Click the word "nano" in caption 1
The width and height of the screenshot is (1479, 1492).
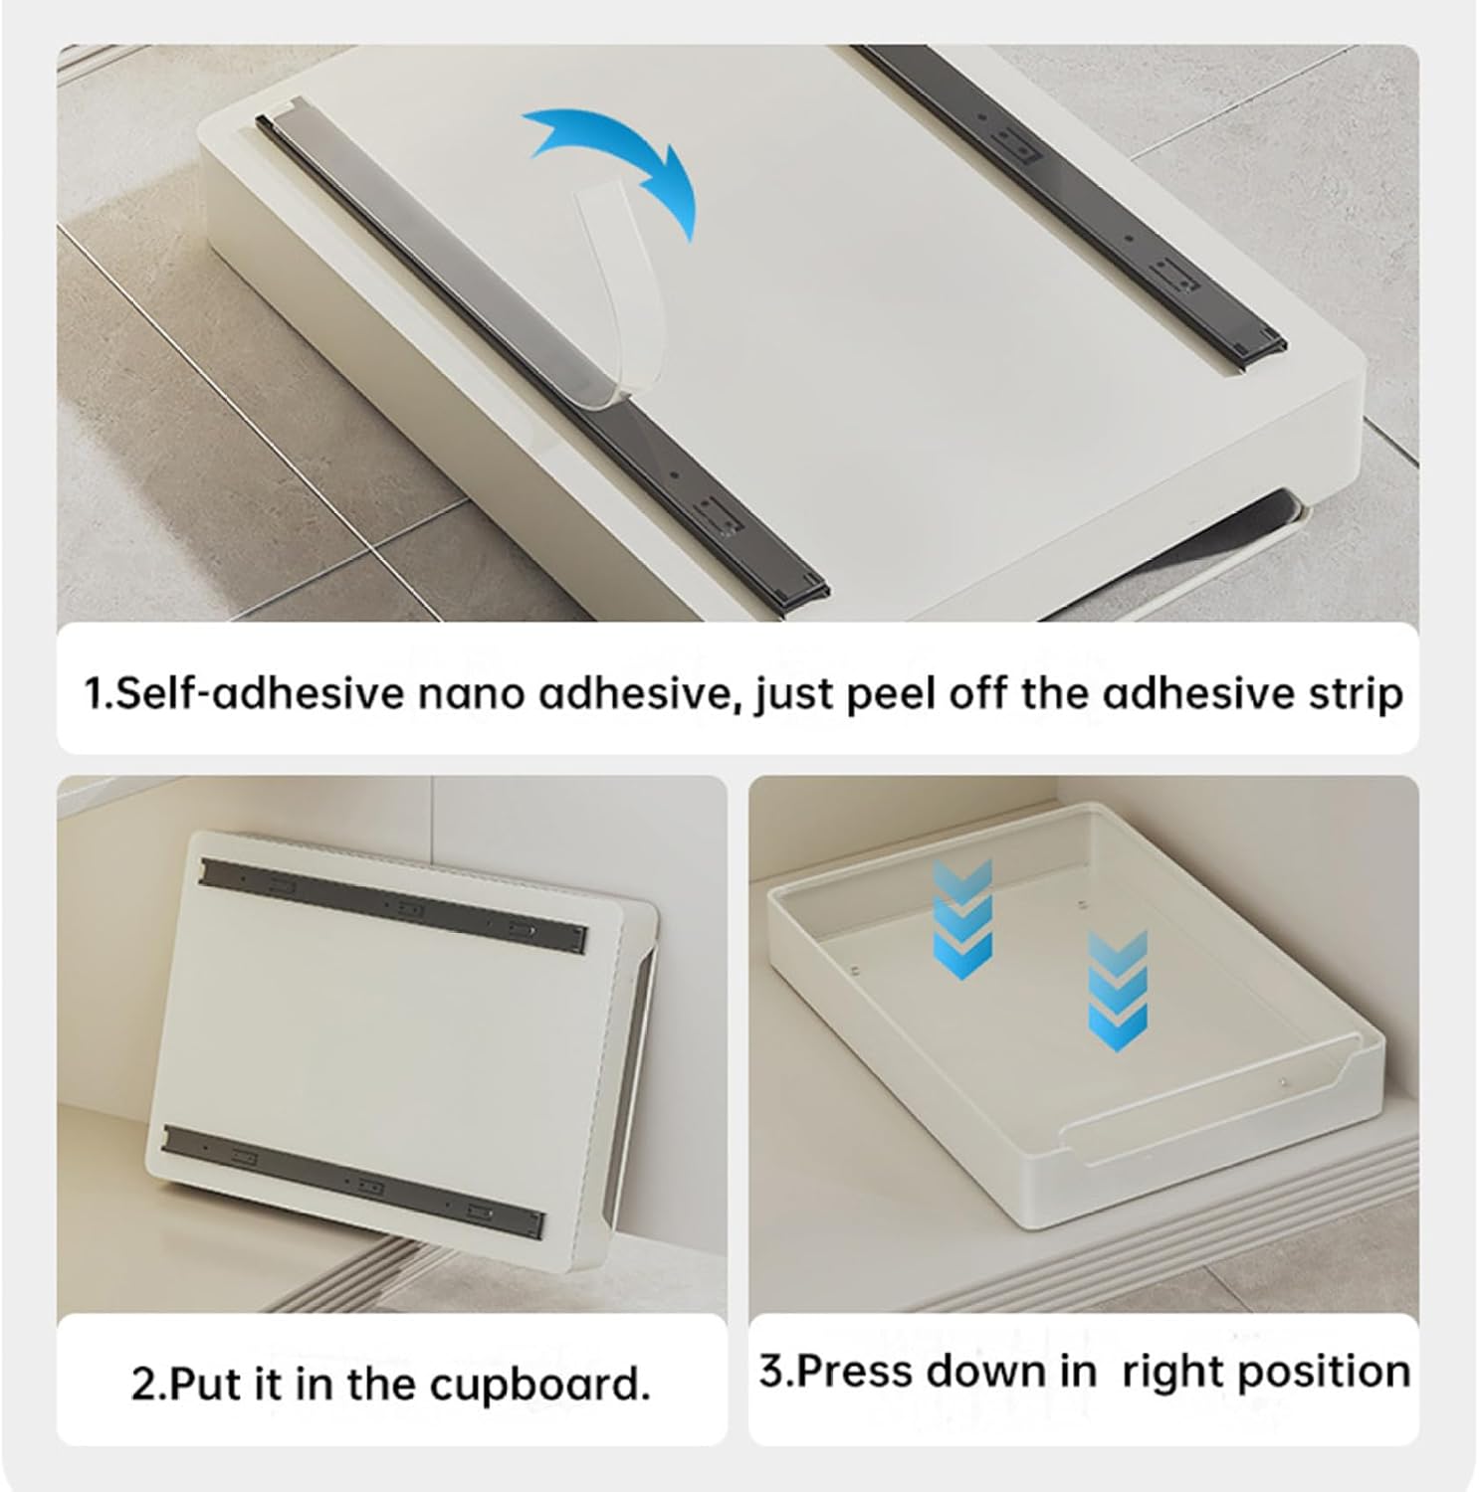(470, 693)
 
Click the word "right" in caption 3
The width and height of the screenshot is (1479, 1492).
(1166, 1372)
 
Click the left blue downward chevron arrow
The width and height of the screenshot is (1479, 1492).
(961, 919)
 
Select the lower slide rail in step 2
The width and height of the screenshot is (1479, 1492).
(354, 1181)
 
